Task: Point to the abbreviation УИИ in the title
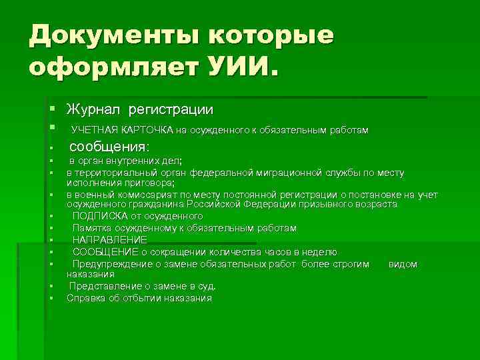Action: tap(240, 67)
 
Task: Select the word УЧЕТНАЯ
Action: tap(95, 129)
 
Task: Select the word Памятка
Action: tap(93, 228)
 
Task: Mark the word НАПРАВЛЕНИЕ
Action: tap(109, 240)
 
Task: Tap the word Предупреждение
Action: tap(111, 264)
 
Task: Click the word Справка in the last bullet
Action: tap(85, 298)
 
